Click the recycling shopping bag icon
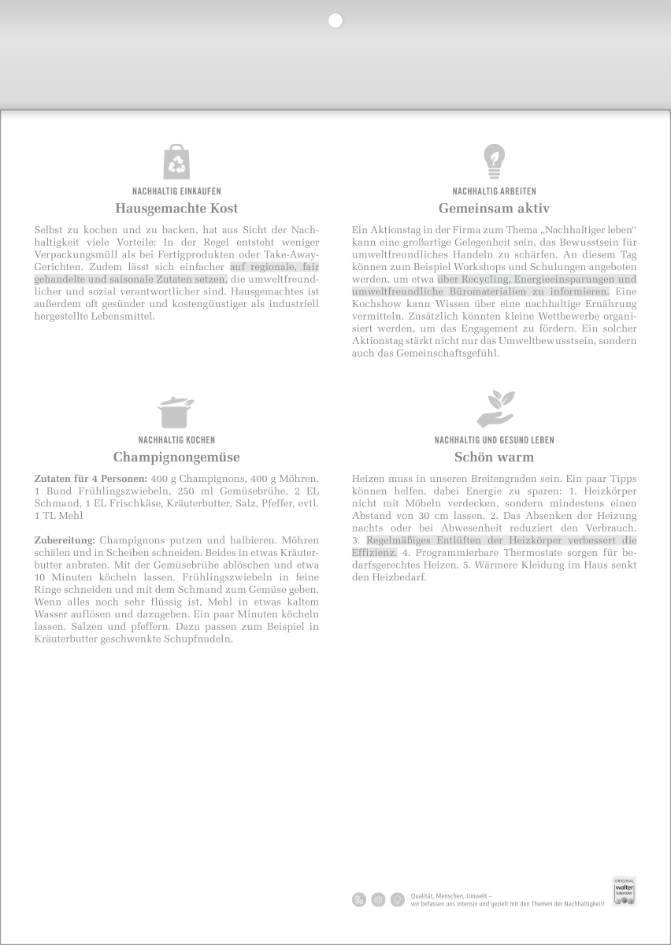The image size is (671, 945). tap(176, 161)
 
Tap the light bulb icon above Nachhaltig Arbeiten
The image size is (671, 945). tap(494, 161)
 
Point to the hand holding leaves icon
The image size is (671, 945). tap(495, 409)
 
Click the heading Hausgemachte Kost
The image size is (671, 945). tap(176, 209)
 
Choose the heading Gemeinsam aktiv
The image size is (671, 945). tap(494, 209)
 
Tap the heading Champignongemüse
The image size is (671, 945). tap(176, 457)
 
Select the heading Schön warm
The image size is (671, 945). tap(494, 457)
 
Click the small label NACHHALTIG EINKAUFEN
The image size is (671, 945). tap(176, 191)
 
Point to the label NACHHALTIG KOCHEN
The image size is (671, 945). tap(176, 440)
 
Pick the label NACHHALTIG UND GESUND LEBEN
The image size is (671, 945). tap(494, 440)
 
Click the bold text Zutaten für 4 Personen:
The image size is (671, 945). tap(91, 478)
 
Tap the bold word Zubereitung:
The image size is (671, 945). tap(65, 540)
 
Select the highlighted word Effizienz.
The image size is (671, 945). tap(374, 553)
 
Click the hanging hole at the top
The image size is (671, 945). tap(335, 21)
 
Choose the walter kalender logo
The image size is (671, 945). tap(624, 891)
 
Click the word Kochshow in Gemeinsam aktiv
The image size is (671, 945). tap(376, 304)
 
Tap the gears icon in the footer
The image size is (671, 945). tap(359, 899)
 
